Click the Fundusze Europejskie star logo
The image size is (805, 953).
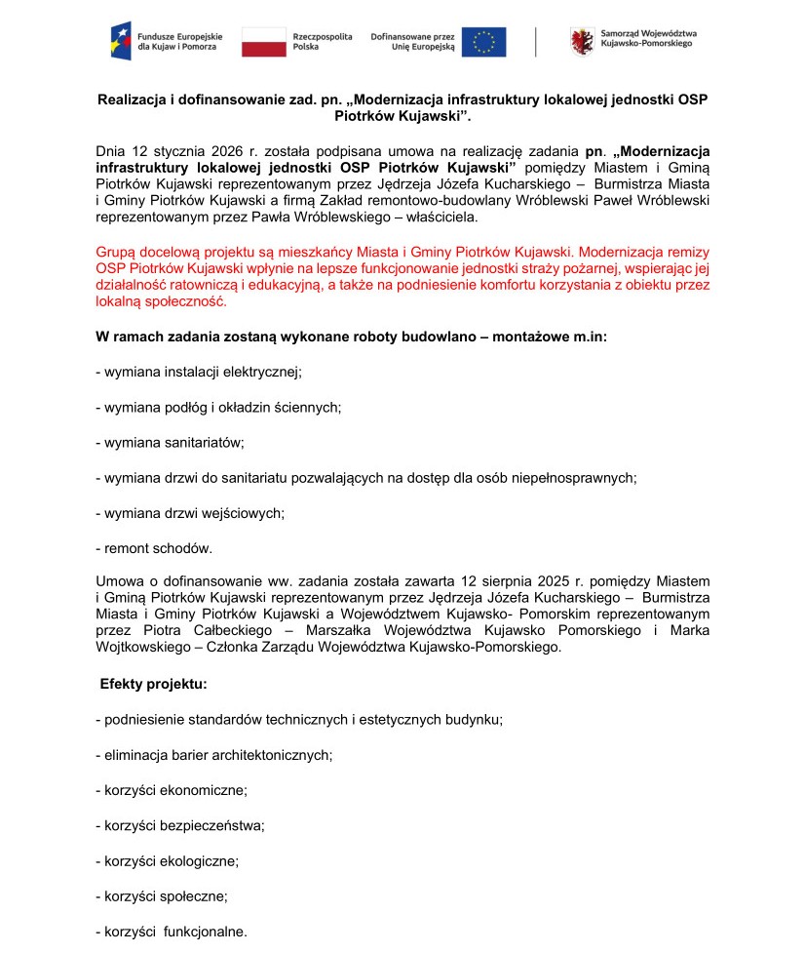122,41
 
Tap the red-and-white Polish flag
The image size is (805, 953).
263,41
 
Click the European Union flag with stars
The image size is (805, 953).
484,41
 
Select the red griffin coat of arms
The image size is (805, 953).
582,41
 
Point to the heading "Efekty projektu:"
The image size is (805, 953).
153,685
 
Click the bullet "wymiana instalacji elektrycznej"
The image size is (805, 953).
199,372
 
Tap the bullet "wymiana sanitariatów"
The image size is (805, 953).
170,442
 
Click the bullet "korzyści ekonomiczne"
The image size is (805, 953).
172,790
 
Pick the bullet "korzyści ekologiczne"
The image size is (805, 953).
167,861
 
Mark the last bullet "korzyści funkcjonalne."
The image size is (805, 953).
172,932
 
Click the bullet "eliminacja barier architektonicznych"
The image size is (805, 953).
214,755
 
